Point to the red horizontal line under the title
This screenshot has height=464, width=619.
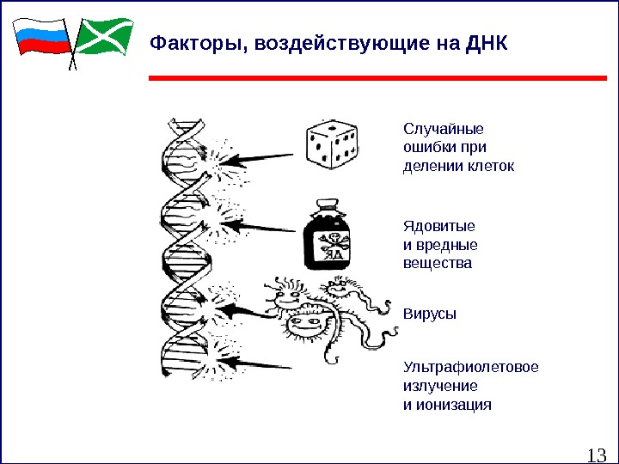click(x=378, y=78)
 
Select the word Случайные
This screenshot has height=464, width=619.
click(x=444, y=129)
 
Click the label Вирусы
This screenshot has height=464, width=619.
click(x=430, y=314)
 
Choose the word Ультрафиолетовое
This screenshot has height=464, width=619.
click(x=471, y=368)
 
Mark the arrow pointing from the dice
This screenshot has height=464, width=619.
click(x=267, y=158)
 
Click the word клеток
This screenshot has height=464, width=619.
click(x=491, y=166)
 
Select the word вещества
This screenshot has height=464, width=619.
click(x=438, y=263)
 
